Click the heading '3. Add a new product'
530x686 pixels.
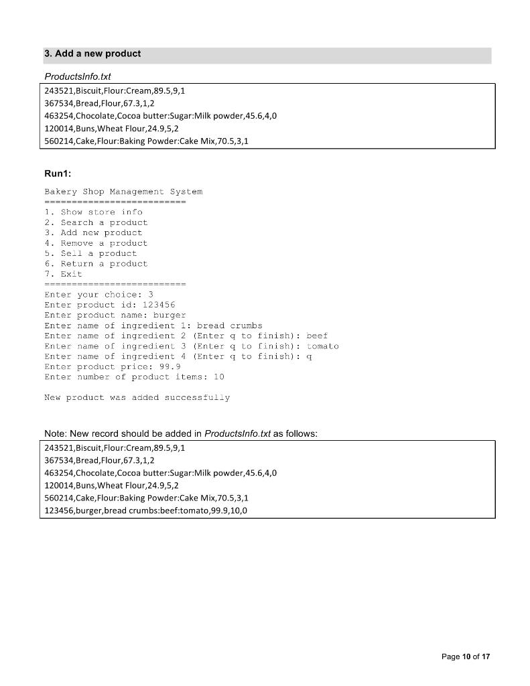pyautogui.click(x=92, y=54)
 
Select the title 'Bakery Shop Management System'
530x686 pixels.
pyautogui.click(x=123, y=192)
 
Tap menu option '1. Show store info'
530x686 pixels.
pyautogui.click(x=93, y=212)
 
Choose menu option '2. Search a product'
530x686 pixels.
pyautogui.click(x=96, y=222)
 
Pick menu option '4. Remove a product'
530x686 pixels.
pyautogui.click(x=96, y=243)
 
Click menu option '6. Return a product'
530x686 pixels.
pyautogui.click(x=96, y=264)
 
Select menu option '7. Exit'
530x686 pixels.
pyautogui.click(x=63, y=274)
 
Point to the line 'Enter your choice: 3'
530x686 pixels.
pyautogui.click(x=99, y=295)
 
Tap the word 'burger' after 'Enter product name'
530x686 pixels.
pyautogui.click(x=170, y=315)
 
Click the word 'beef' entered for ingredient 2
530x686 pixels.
pyautogui.click(x=317, y=336)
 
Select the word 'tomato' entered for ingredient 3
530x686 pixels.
pyautogui.click(x=322, y=346)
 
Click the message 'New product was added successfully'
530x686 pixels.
pyautogui.click(x=137, y=398)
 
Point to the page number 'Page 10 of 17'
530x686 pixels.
pyautogui.click(x=466, y=657)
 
